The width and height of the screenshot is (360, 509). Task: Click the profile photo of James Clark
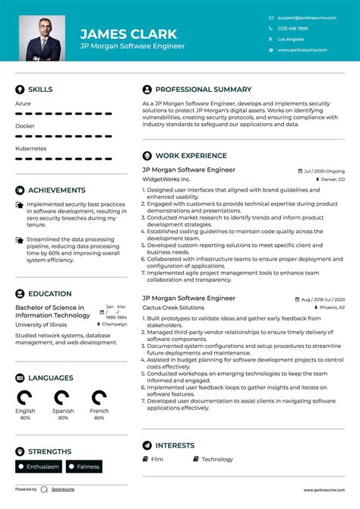pyautogui.click(x=41, y=38)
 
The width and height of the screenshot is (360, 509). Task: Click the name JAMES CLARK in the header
pyautogui.click(x=128, y=33)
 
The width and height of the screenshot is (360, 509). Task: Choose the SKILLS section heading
pyautogui.click(x=40, y=89)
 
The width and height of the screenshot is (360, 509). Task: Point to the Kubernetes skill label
pyautogui.click(x=30, y=148)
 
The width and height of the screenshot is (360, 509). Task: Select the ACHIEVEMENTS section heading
pyautogui.click(x=56, y=190)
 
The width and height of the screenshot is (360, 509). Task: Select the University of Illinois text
pyautogui.click(x=40, y=324)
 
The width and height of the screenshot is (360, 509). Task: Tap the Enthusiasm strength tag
pyautogui.click(x=40, y=466)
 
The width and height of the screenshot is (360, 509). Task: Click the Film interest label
pyautogui.click(x=156, y=459)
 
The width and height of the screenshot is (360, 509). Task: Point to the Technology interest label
pyautogui.click(x=217, y=459)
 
